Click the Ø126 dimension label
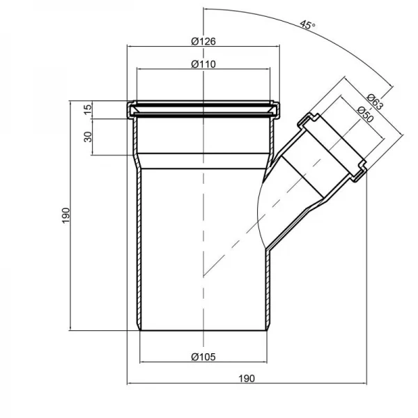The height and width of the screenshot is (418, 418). pos(203,41)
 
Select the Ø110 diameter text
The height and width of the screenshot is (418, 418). pos(203,64)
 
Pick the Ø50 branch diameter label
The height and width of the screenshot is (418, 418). pos(365,115)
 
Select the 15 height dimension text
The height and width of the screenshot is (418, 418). pos(88,109)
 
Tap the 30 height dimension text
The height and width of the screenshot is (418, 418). pos(88,136)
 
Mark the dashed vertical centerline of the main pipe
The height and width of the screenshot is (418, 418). pos(203,209)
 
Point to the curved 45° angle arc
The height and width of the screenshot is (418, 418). pos(348,49)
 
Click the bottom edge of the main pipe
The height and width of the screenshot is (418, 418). pos(203,330)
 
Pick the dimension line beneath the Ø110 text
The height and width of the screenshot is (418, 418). pos(203,70)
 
